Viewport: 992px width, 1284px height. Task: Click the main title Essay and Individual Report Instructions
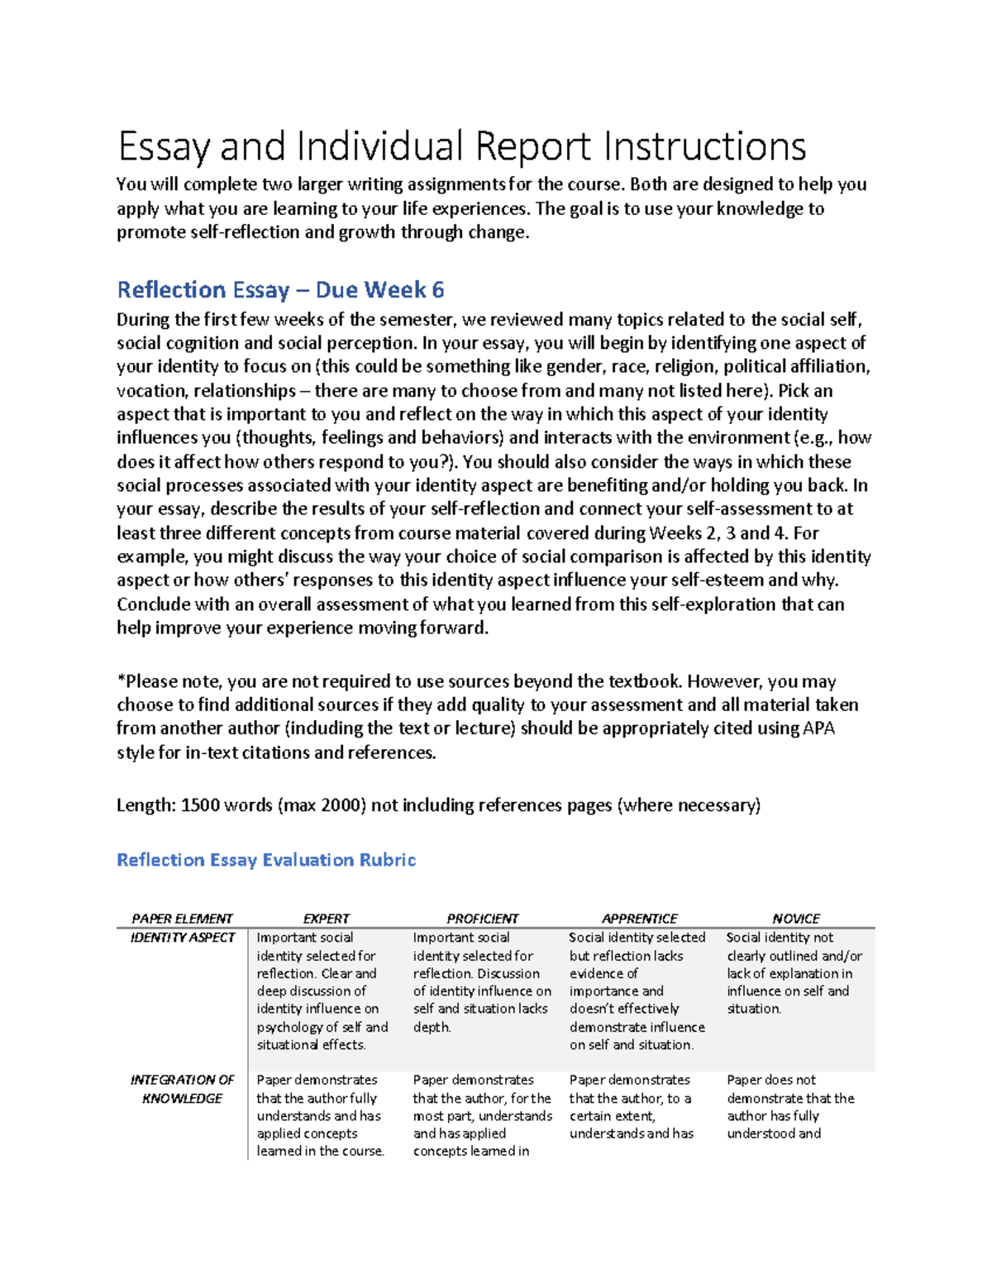pyautogui.click(x=461, y=147)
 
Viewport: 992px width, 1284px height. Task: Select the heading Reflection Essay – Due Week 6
pyautogui.click(x=280, y=290)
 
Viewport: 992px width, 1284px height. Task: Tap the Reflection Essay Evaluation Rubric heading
pyautogui.click(x=265, y=860)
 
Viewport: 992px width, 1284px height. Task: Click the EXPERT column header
pyautogui.click(x=326, y=919)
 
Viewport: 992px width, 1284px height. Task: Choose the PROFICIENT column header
pyautogui.click(x=482, y=919)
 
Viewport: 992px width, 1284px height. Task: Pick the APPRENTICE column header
pyautogui.click(x=639, y=919)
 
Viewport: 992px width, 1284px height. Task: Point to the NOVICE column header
pyautogui.click(x=795, y=919)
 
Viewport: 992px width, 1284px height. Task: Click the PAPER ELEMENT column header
pyautogui.click(x=182, y=919)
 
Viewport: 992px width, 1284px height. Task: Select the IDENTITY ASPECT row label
pyautogui.click(x=183, y=938)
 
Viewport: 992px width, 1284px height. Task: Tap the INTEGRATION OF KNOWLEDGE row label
pyautogui.click(x=182, y=1089)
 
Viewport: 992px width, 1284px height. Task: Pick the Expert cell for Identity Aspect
pyautogui.click(x=322, y=990)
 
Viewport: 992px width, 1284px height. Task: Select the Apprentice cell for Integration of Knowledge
pyautogui.click(x=632, y=1106)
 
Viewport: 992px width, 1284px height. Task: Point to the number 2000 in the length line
pyautogui.click(x=341, y=805)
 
